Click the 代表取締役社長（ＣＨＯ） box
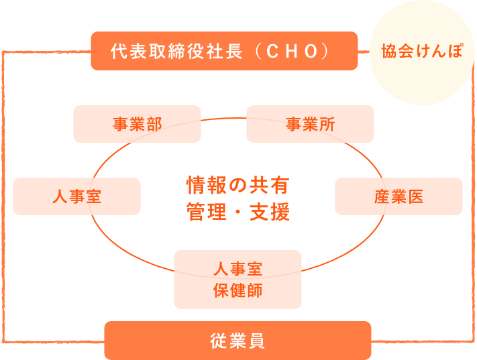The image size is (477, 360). click(x=223, y=51)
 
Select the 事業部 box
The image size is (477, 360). click(x=137, y=124)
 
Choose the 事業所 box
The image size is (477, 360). click(x=310, y=124)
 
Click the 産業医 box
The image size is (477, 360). click(x=399, y=196)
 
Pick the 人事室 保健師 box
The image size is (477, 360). click(x=237, y=280)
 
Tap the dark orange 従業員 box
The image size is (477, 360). click(x=237, y=341)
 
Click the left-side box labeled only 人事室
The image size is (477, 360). click(x=76, y=196)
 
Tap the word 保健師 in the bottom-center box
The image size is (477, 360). click(x=237, y=291)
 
